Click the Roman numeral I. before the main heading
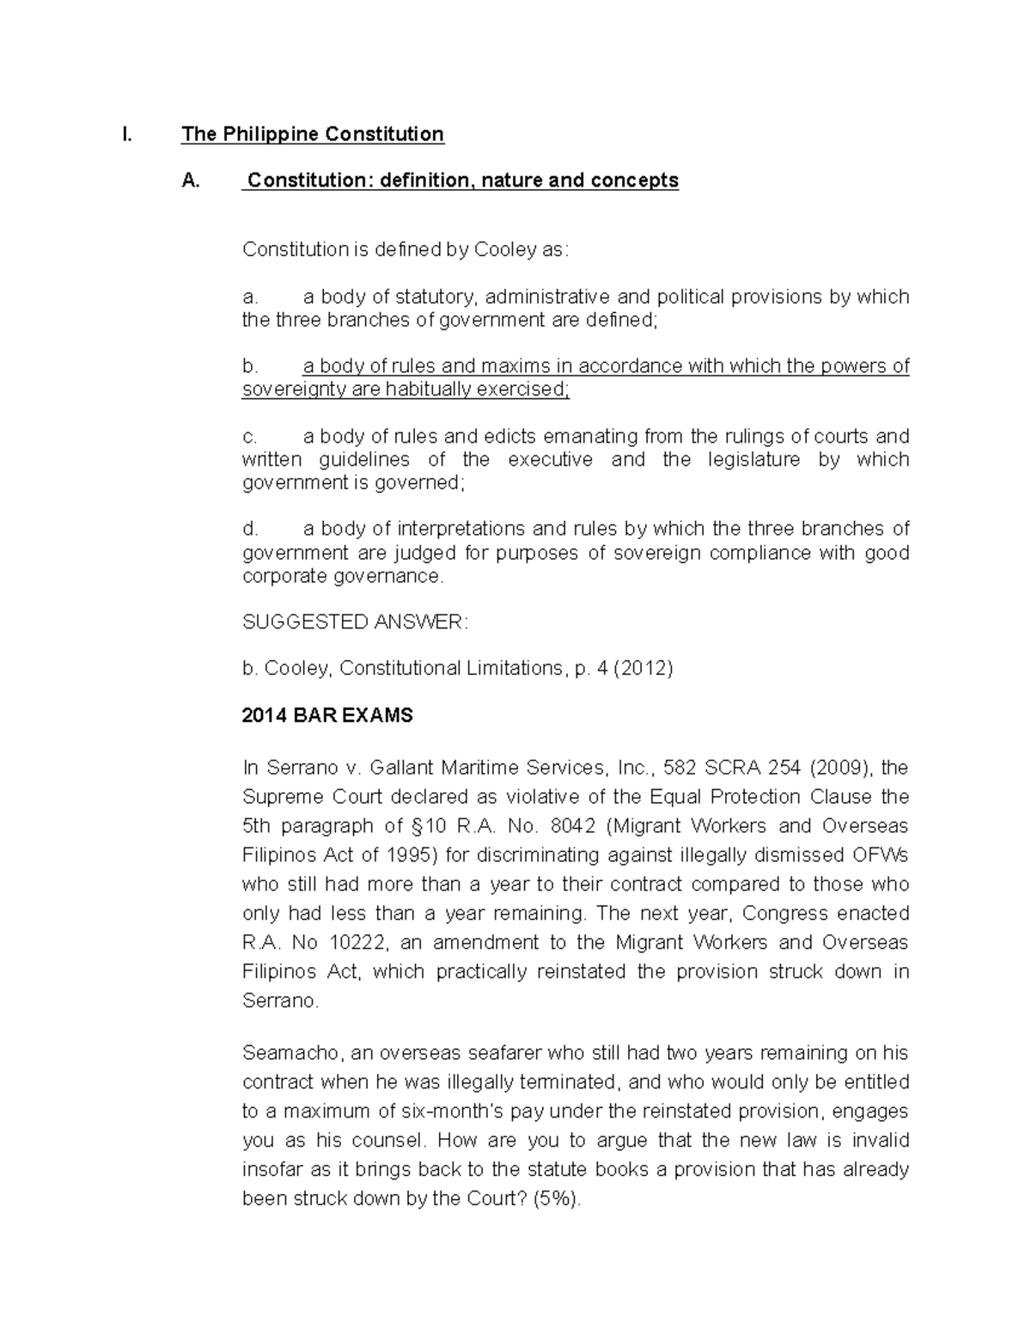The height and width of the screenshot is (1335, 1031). [x=126, y=134]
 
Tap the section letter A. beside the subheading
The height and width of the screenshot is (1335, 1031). [x=191, y=181]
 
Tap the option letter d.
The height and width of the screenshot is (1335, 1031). [x=250, y=529]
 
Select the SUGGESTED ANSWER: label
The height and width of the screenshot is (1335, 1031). [x=355, y=622]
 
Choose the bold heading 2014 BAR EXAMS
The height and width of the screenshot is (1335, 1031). [x=327, y=715]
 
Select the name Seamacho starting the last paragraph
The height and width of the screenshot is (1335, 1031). [x=286, y=1053]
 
